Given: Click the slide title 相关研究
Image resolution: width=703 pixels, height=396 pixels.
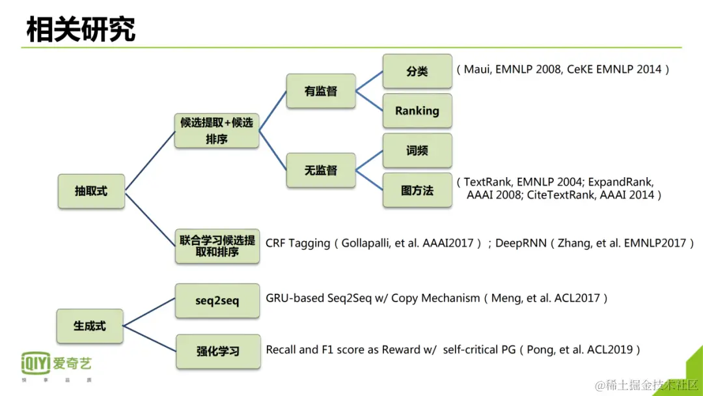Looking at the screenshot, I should click(x=81, y=29).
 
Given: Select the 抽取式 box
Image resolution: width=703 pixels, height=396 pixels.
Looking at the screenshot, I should click(x=91, y=191).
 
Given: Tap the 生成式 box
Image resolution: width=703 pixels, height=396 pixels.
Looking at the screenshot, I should click(x=89, y=326).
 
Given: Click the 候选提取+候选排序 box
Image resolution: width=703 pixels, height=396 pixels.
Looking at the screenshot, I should click(x=217, y=130).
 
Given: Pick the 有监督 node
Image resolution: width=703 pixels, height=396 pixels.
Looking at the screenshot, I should click(x=321, y=91).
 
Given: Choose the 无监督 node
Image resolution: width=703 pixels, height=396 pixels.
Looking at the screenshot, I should click(x=321, y=171).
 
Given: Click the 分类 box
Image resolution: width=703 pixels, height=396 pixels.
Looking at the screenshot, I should click(x=417, y=71).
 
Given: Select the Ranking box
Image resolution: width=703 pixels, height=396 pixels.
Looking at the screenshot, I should click(x=417, y=111).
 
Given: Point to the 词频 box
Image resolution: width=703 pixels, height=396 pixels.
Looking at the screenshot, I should click(x=417, y=150).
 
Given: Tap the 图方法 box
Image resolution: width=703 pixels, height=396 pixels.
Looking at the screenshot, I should click(x=417, y=190).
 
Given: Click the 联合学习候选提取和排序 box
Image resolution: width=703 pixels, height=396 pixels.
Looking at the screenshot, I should click(x=217, y=246).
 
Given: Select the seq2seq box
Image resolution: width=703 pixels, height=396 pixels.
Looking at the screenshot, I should click(x=217, y=300).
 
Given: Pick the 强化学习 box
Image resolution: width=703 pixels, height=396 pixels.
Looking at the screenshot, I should click(x=217, y=351).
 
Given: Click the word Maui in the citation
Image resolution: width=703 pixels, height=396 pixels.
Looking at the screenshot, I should click(x=478, y=69).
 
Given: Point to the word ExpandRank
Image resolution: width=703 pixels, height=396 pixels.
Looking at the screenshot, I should click(x=619, y=182).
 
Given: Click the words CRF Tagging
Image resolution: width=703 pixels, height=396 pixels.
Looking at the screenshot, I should click(x=297, y=243).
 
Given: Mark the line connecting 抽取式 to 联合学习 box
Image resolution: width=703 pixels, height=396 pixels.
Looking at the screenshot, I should click(x=150, y=218).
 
